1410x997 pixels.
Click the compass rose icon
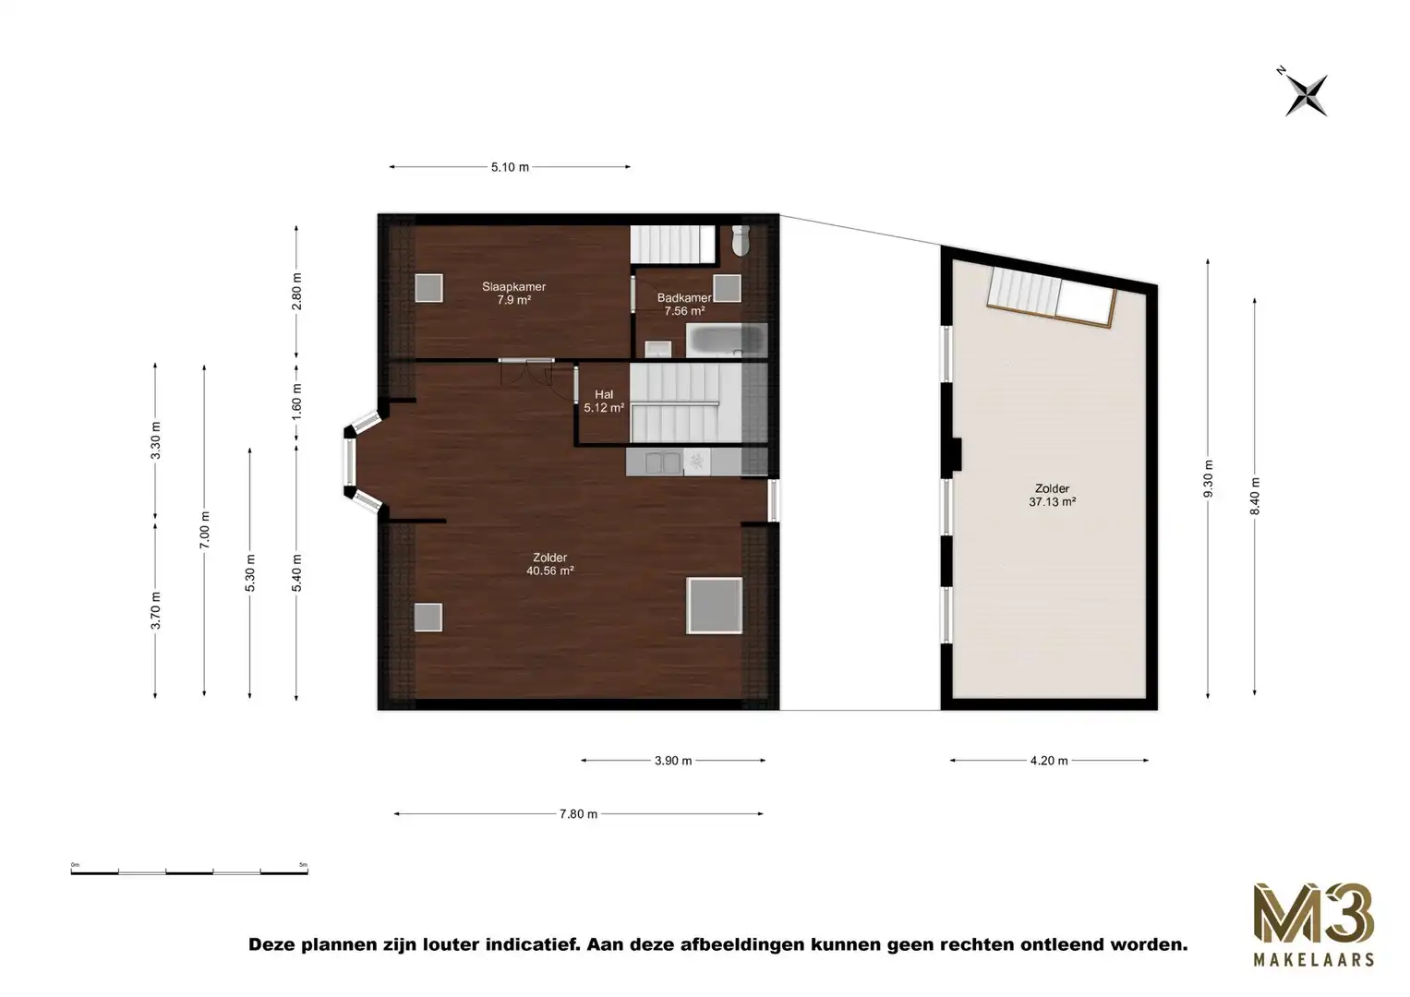pyautogui.click(x=1306, y=94)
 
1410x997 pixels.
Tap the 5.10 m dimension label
pyautogui.click(x=510, y=167)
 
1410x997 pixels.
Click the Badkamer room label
pyautogui.click(x=684, y=304)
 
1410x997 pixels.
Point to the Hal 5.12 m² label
pyautogui.click(x=604, y=401)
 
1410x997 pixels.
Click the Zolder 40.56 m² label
pyautogui.click(x=549, y=564)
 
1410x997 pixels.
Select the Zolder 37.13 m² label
pyautogui.click(x=1052, y=496)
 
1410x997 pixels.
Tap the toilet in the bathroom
pyautogui.click(x=740, y=241)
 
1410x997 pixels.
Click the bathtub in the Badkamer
pyautogui.click(x=727, y=340)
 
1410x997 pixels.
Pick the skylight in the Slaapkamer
pyautogui.click(x=428, y=288)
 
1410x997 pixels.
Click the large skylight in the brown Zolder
pyautogui.click(x=714, y=606)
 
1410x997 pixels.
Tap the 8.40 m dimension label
pyautogui.click(x=1255, y=496)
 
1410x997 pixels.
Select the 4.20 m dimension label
pyautogui.click(x=1049, y=761)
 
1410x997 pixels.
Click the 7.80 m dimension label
pyautogui.click(x=578, y=814)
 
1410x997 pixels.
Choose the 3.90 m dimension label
pyautogui.click(x=673, y=761)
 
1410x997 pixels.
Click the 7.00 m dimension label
pyautogui.click(x=204, y=529)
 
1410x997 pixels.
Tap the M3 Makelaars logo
pyautogui.click(x=1312, y=924)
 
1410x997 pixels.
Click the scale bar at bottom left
pyautogui.click(x=189, y=870)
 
